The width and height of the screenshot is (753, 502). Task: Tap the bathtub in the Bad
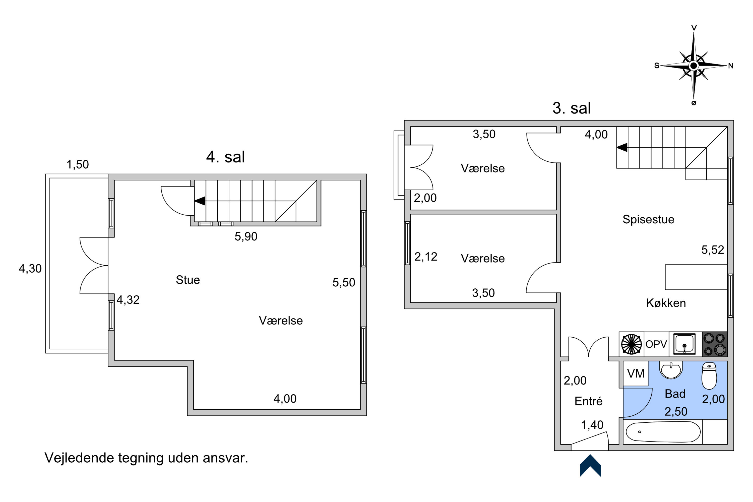[x=663, y=432]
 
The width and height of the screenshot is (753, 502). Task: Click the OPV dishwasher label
[x=656, y=344]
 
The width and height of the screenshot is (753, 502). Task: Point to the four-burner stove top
[x=715, y=344]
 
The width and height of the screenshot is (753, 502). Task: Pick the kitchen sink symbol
[x=684, y=344]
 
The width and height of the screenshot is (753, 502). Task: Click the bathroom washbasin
[x=671, y=370]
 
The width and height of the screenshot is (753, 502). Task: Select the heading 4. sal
[x=225, y=157]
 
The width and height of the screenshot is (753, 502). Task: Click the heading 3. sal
[x=572, y=108]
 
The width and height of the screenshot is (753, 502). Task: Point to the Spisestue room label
[x=648, y=219]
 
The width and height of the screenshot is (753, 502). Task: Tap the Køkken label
[x=666, y=303]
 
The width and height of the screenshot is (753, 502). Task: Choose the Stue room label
[x=188, y=280]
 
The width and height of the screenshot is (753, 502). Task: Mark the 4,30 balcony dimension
[x=30, y=269]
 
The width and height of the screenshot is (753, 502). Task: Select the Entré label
[x=588, y=401]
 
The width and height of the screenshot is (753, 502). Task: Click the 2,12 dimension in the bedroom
[x=426, y=257]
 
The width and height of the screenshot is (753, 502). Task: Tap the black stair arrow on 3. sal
[x=622, y=148]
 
